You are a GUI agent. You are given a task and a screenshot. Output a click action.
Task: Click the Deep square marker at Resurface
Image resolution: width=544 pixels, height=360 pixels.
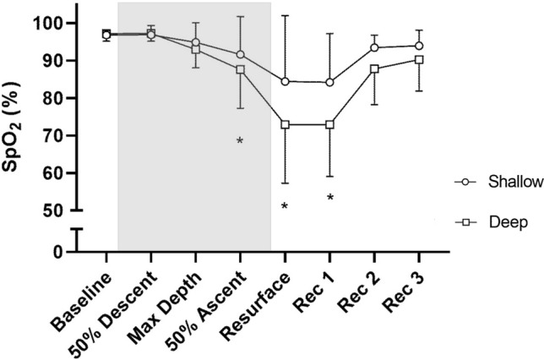click(285, 124)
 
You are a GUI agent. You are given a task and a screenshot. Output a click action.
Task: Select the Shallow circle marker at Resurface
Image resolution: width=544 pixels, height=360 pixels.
click(285, 82)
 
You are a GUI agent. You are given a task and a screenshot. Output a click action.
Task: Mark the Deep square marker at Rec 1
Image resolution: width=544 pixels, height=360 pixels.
click(329, 124)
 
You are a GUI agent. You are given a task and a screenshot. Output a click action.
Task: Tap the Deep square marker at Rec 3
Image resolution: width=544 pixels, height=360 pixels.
click(419, 59)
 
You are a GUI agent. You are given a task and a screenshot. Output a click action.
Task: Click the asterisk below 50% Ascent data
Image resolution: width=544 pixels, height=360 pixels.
click(240, 141)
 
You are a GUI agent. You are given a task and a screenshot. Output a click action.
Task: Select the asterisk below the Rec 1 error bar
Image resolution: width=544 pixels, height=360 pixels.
click(330, 199)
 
